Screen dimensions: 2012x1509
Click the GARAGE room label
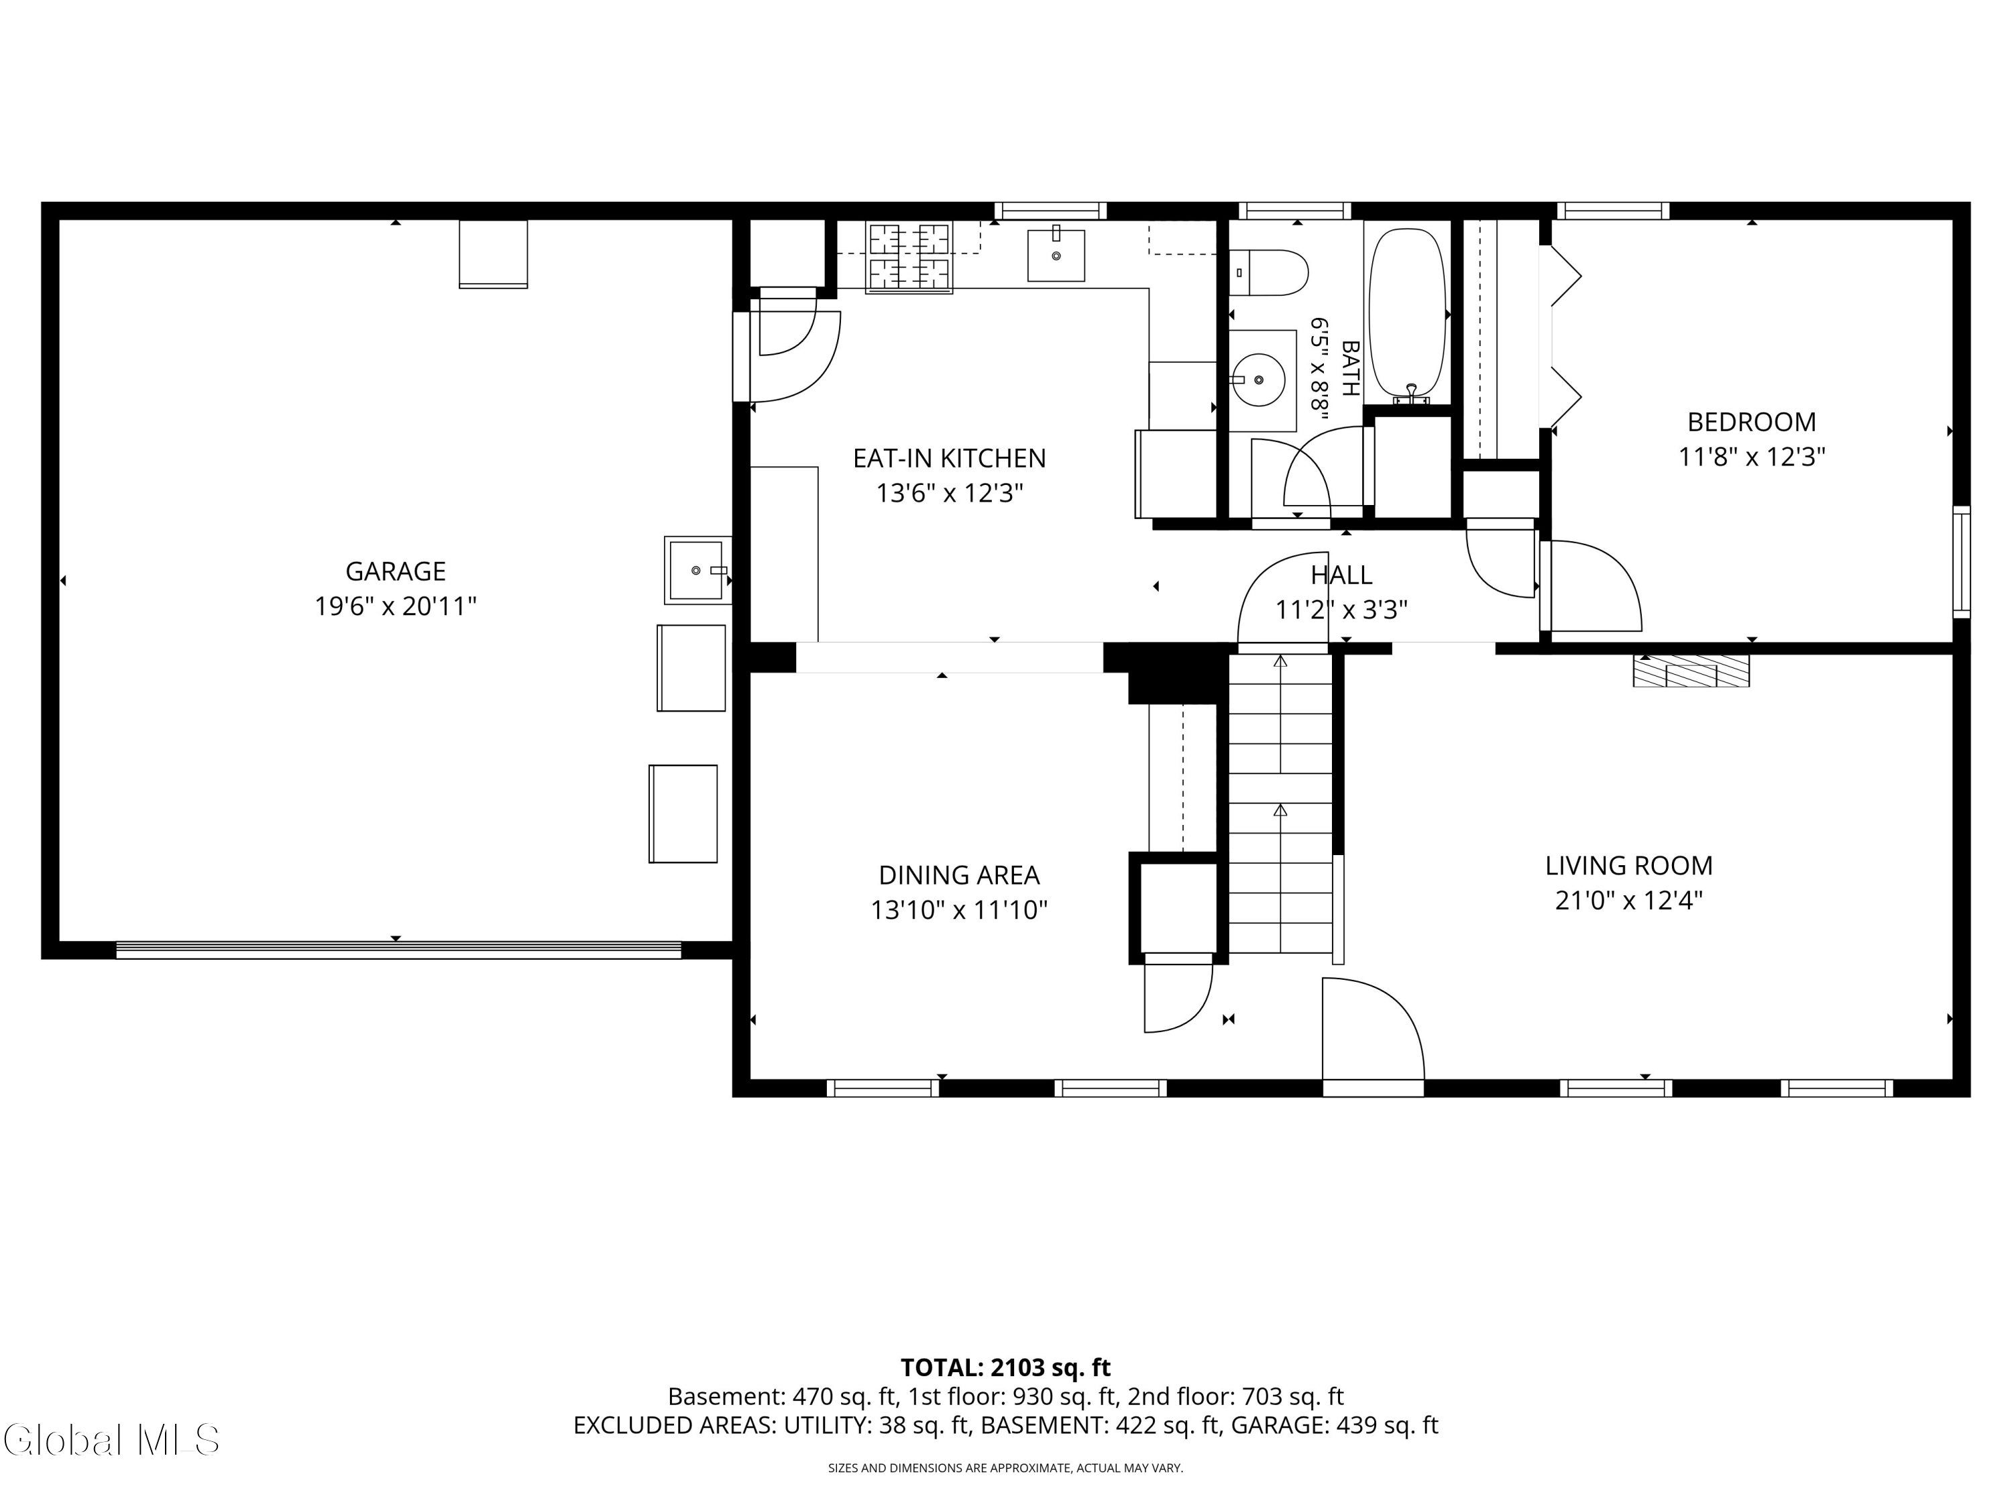(x=395, y=571)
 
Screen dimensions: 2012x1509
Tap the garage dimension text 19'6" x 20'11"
(x=396, y=606)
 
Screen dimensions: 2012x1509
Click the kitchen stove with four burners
(x=909, y=258)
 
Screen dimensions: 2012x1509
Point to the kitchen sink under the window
(x=1056, y=256)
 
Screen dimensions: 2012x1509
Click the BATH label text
(x=1350, y=368)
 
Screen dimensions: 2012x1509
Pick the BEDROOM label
(x=1751, y=422)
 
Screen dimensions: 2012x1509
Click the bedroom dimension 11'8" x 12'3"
(x=1752, y=457)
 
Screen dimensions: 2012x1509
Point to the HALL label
(x=1341, y=575)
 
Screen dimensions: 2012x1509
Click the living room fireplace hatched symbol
(x=1691, y=671)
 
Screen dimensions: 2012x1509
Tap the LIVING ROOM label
(x=1628, y=865)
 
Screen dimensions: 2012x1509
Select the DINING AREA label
(x=958, y=875)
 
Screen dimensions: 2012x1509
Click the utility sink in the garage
(x=697, y=570)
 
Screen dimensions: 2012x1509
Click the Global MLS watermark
(x=111, y=1439)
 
